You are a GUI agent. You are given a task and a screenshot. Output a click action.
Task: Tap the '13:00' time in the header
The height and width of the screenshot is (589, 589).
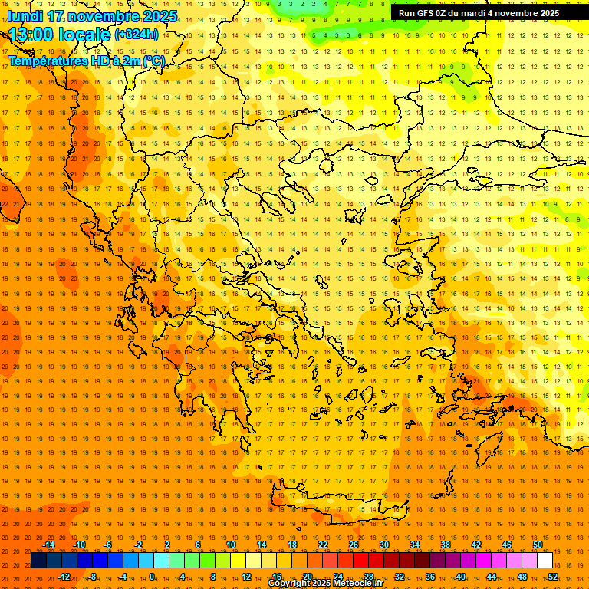(x=35, y=34)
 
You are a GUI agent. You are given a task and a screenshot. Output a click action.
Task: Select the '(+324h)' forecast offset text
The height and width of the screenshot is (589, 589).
(x=137, y=34)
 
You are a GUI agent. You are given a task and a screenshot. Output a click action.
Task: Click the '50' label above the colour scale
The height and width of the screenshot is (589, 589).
(x=538, y=545)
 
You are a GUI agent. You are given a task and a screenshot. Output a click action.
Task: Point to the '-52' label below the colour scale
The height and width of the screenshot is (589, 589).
(x=552, y=577)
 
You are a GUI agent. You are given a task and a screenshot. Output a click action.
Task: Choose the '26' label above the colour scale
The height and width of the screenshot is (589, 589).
(x=354, y=545)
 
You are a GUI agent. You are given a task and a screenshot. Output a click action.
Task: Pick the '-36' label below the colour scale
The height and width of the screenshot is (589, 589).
(x=429, y=577)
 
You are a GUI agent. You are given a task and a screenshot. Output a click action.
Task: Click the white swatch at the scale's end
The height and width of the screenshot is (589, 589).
(x=545, y=561)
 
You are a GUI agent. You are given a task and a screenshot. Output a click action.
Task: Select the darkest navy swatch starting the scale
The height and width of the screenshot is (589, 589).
(x=38, y=561)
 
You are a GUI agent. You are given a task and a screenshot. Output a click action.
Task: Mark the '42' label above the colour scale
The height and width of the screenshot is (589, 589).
(x=476, y=545)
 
